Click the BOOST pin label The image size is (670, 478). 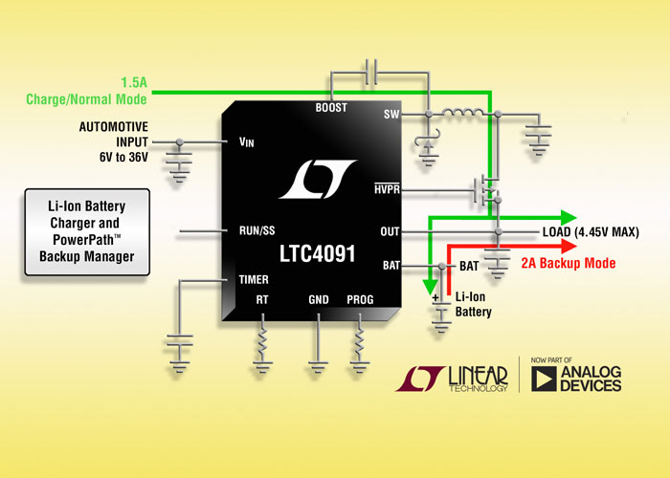tap(331, 107)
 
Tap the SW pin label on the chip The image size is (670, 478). tap(391, 115)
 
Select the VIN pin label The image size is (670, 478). tap(247, 142)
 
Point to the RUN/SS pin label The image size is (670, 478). tap(257, 231)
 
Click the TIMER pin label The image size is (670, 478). tap(254, 279)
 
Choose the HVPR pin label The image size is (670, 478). tap(387, 188)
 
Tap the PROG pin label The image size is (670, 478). tap(360, 299)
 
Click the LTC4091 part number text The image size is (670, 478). tap(318, 254)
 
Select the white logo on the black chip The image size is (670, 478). tap(318, 180)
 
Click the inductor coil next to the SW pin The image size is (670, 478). tap(463, 113)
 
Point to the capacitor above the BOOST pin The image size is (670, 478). tap(371, 72)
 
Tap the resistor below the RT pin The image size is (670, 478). tap(262, 339)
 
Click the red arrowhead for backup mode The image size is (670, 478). tap(569, 247)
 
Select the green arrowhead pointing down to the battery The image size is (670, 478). tap(430, 288)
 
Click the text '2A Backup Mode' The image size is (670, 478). tap(569, 263)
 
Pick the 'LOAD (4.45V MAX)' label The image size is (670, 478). tap(591, 232)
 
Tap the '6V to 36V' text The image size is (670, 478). tap(123, 157)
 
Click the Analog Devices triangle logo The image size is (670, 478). tap(544, 379)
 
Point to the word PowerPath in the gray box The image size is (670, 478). tap(84, 240)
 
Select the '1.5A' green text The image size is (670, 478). tap(134, 82)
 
